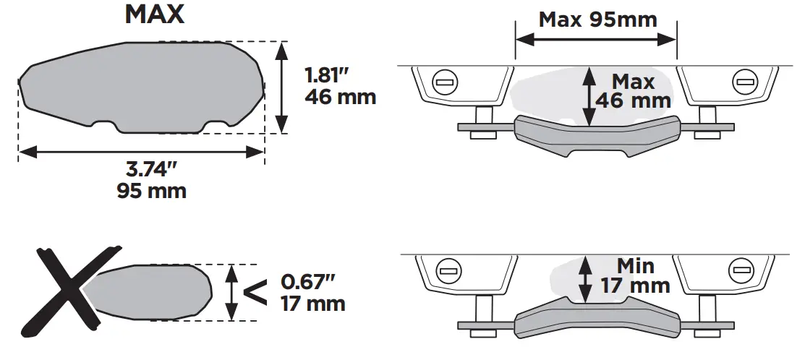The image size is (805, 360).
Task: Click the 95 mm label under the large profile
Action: (x=151, y=192)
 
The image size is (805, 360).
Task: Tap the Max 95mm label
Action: (x=597, y=19)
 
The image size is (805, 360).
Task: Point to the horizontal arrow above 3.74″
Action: (x=140, y=151)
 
